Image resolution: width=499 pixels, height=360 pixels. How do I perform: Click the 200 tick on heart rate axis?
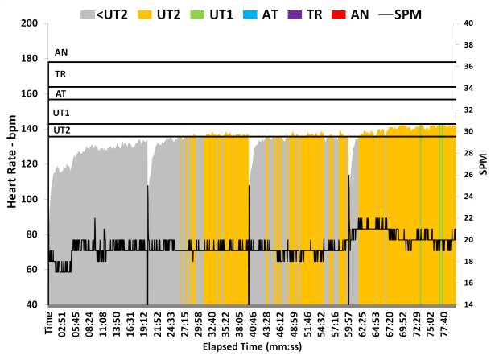31,23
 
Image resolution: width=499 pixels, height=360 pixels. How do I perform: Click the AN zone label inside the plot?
60,53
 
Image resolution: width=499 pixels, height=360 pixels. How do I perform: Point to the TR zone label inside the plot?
60,74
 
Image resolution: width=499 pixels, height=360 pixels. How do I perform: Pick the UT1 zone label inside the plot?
62,112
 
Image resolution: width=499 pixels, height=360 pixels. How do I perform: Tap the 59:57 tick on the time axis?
348,323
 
